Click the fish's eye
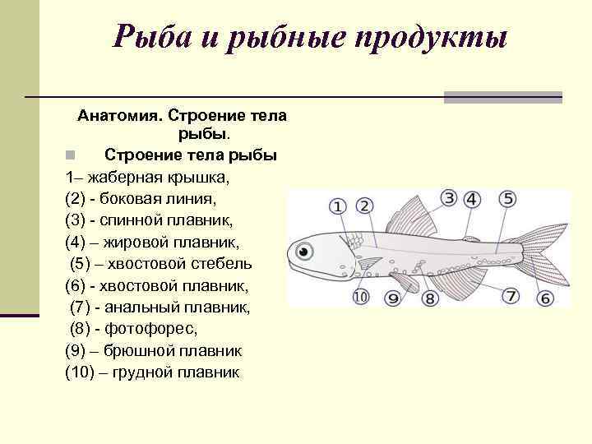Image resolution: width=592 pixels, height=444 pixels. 305,249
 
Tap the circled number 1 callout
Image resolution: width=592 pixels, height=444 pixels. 338,206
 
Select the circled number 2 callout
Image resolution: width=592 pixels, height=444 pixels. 363,206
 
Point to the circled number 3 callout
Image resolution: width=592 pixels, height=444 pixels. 448,198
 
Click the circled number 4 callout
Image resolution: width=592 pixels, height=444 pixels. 472,199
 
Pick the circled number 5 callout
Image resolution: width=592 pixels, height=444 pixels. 508,198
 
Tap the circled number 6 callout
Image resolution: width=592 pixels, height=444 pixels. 545,298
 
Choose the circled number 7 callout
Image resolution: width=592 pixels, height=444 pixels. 511,295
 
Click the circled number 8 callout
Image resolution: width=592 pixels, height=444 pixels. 429,298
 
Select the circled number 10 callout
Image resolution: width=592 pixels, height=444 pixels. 360,297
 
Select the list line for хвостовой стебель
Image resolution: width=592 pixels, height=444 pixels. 161,264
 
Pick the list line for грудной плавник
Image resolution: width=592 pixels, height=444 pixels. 153,372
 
